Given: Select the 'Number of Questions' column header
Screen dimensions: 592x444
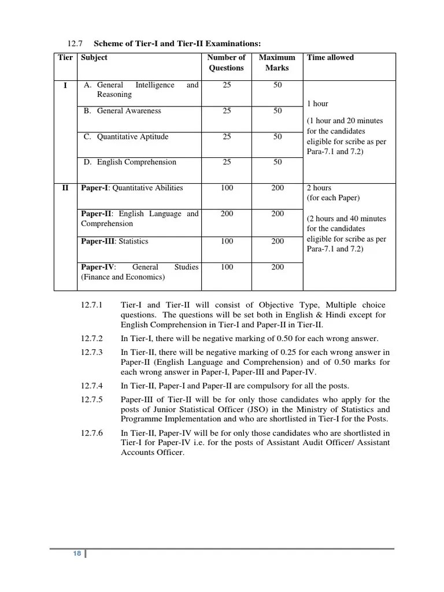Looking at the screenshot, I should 226,62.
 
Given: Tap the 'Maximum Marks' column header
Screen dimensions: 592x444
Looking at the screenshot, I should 277,62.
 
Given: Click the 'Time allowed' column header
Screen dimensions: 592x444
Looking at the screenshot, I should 330,57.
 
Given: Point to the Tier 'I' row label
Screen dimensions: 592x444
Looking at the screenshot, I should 65,86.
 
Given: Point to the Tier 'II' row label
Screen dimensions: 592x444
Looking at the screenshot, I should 65,188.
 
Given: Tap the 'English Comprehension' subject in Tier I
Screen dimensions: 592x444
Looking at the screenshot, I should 136,162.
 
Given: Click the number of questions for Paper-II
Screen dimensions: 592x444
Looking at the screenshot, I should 227,214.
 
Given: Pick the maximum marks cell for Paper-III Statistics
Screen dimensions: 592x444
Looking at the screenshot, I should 277,242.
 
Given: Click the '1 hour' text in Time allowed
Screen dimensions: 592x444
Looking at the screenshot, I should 317,104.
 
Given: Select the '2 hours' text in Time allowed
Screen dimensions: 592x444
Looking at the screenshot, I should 319,188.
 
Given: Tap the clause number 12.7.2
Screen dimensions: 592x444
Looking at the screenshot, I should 92,338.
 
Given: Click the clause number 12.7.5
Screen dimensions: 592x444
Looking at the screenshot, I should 92,399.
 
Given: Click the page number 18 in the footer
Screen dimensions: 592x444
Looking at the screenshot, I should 77,554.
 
